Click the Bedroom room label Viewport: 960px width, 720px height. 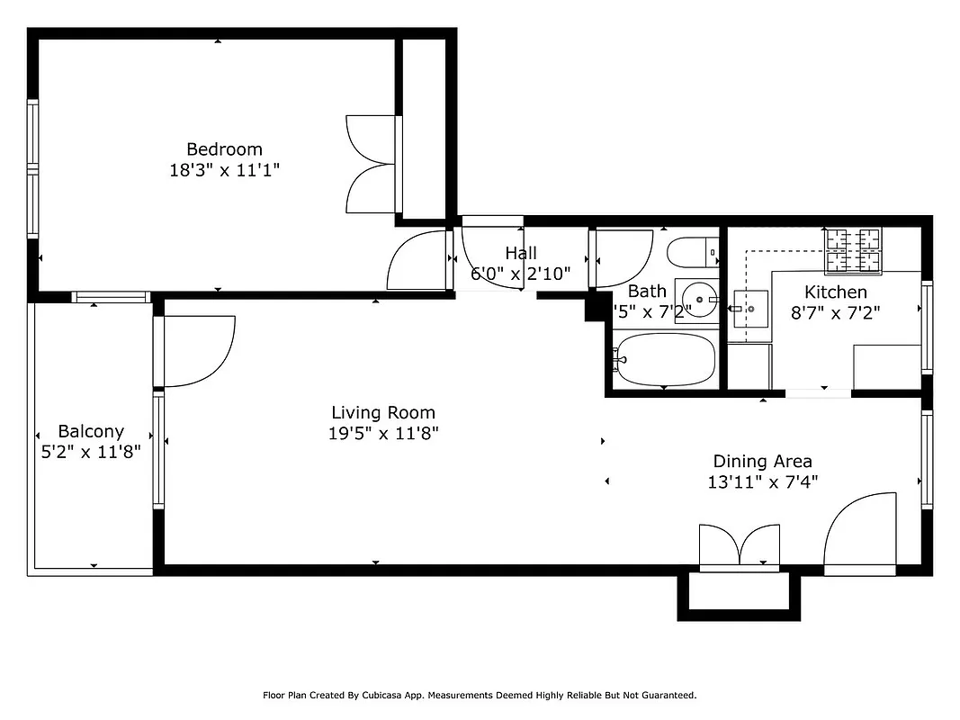tap(224, 149)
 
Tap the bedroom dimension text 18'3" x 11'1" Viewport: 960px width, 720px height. tap(224, 170)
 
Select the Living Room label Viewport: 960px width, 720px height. tap(382, 413)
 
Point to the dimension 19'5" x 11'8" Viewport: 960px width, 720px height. tap(382, 434)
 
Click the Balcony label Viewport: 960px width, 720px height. tap(91, 432)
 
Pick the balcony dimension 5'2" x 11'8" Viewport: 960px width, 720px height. tap(91, 453)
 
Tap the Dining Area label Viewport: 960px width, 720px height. tap(762, 462)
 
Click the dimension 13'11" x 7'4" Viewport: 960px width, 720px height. tap(762, 482)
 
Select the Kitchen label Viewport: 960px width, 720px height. tap(835, 292)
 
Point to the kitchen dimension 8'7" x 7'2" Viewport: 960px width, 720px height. tap(835, 313)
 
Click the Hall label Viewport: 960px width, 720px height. tap(520, 254)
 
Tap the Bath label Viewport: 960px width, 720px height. tap(647, 291)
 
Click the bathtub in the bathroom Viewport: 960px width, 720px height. tap(665, 359)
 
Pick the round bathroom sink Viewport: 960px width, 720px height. tap(696, 298)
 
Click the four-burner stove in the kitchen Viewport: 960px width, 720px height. tap(853, 250)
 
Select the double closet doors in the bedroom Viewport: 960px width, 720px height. tap(371, 164)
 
